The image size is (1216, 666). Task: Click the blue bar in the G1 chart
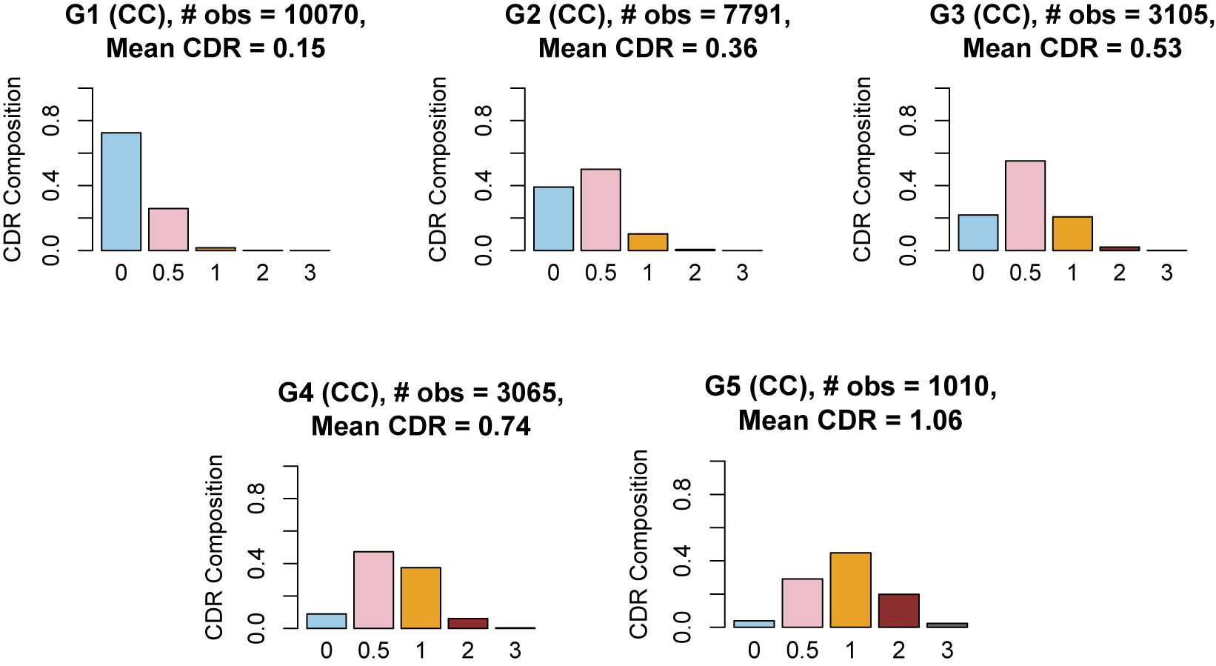(121, 192)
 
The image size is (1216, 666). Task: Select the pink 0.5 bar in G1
(168, 230)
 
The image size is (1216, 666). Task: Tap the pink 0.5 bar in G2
(601, 210)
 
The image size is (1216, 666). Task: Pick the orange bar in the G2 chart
(648, 242)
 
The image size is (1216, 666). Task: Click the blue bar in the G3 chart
(978, 233)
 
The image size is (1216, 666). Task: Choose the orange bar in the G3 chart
(1072, 234)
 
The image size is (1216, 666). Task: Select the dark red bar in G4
(468, 624)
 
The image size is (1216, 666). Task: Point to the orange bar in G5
(850, 590)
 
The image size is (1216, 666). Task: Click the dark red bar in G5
(898, 611)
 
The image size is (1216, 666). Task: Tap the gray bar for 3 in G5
(947, 625)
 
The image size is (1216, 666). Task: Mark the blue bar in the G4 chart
(327, 622)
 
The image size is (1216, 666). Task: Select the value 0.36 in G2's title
(731, 49)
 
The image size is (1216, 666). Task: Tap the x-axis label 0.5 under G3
(1025, 273)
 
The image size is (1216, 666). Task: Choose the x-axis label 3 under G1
(310, 273)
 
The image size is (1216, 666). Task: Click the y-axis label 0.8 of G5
(682, 494)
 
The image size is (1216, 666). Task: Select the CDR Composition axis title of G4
(215, 547)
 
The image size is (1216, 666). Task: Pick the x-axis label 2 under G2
(695, 273)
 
